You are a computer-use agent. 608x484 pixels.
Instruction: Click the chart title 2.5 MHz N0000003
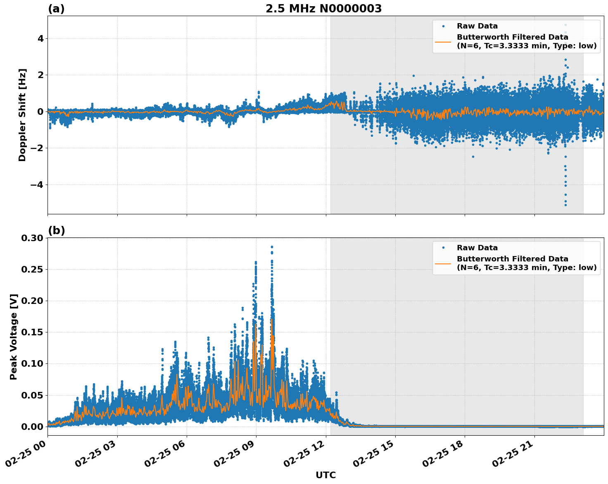click(x=323, y=9)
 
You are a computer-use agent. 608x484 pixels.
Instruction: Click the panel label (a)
click(x=56, y=9)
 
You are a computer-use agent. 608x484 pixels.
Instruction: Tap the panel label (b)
click(x=56, y=230)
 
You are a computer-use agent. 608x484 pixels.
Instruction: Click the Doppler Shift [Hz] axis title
click(x=22, y=115)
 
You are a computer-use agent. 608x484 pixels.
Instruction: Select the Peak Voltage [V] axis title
click(x=14, y=337)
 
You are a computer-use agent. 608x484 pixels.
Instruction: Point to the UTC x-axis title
click(x=325, y=475)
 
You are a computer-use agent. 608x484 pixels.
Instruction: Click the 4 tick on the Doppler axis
click(x=40, y=39)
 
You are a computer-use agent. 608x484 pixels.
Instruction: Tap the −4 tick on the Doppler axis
click(x=38, y=185)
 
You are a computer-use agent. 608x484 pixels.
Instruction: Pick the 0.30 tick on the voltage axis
click(x=32, y=238)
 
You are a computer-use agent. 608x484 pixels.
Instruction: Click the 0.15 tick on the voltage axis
click(x=32, y=332)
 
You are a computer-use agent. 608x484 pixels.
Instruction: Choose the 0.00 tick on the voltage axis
click(x=32, y=427)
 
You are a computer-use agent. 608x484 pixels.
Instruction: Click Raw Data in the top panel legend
click(x=477, y=26)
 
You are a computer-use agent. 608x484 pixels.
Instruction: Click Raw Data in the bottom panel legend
click(x=477, y=248)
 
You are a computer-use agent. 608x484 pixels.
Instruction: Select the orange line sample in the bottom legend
click(x=443, y=263)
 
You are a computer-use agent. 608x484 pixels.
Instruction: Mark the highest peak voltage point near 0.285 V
click(x=272, y=247)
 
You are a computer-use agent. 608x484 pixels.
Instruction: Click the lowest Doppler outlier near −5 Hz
click(x=565, y=205)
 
